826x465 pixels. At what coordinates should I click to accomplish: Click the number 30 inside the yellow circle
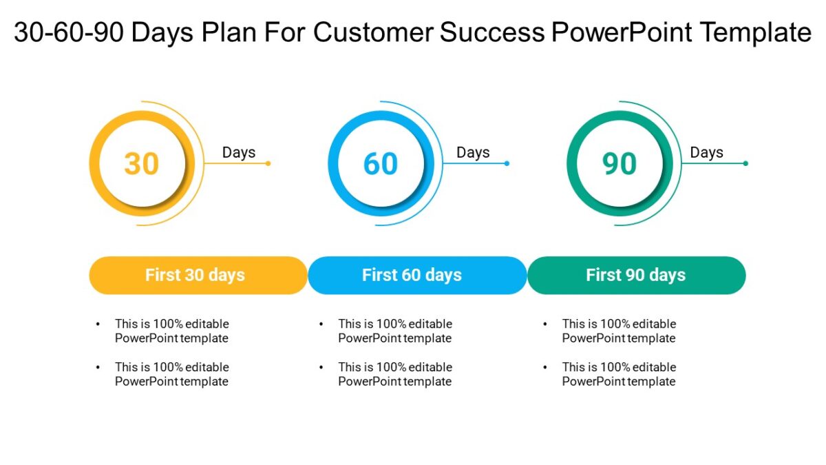coord(142,164)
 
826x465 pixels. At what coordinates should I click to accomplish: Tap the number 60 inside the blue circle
coord(381,164)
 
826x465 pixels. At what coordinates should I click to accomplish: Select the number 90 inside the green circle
coord(619,164)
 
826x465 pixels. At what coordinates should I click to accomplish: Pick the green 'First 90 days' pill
coord(636,275)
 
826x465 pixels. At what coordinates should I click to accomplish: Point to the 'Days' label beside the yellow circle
coord(239,152)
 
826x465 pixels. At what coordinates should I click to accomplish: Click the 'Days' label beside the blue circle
coord(473,152)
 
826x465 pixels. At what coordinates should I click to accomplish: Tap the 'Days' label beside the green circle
coord(707,152)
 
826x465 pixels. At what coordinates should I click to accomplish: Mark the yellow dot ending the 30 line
coord(268,163)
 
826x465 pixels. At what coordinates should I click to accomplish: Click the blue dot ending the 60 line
coord(507,163)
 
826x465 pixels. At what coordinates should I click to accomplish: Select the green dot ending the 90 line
coord(745,163)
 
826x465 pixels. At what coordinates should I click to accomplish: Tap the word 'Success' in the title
coord(492,32)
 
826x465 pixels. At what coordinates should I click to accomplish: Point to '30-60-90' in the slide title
coord(67,32)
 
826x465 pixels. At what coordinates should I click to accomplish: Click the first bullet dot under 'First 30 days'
coord(98,323)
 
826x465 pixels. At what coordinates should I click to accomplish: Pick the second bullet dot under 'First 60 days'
coord(321,366)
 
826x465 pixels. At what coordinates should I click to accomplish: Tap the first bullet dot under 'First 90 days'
coord(544,323)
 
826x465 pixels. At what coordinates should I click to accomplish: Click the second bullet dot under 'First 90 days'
coord(544,366)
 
